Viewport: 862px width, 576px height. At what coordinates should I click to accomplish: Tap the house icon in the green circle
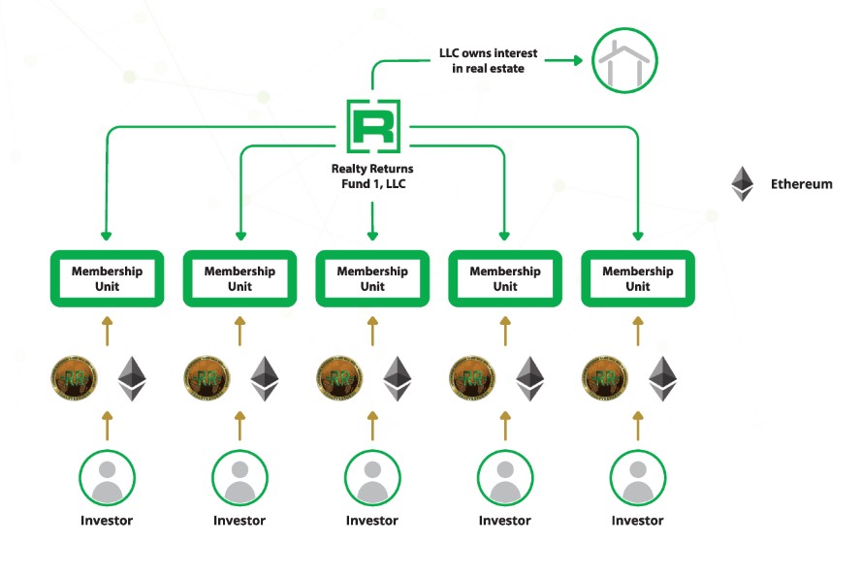624,60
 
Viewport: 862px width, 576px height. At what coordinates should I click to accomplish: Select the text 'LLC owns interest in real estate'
488,61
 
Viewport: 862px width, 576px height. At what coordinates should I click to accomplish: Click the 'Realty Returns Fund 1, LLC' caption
372,176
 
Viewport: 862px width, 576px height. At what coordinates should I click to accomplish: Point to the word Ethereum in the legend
801,183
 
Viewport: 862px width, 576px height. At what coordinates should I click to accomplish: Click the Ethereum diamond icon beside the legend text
743,183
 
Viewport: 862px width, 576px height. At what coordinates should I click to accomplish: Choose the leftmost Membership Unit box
107,279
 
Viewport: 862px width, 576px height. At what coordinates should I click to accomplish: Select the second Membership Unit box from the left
239,279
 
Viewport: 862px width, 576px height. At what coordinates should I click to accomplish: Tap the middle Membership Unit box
372,279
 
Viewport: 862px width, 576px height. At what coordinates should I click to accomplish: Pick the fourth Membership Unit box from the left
505,279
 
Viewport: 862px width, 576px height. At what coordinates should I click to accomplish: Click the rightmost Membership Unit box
638,279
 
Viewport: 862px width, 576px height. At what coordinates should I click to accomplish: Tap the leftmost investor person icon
107,476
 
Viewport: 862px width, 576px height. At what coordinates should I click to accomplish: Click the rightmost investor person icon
638,476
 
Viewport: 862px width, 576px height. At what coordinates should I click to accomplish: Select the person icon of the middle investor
372,476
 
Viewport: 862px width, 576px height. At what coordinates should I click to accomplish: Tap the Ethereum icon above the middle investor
398,378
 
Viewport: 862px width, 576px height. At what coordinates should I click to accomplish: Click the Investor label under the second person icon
239,521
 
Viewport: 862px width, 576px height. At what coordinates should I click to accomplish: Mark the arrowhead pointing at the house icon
578,61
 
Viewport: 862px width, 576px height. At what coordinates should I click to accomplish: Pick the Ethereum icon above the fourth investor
529,378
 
